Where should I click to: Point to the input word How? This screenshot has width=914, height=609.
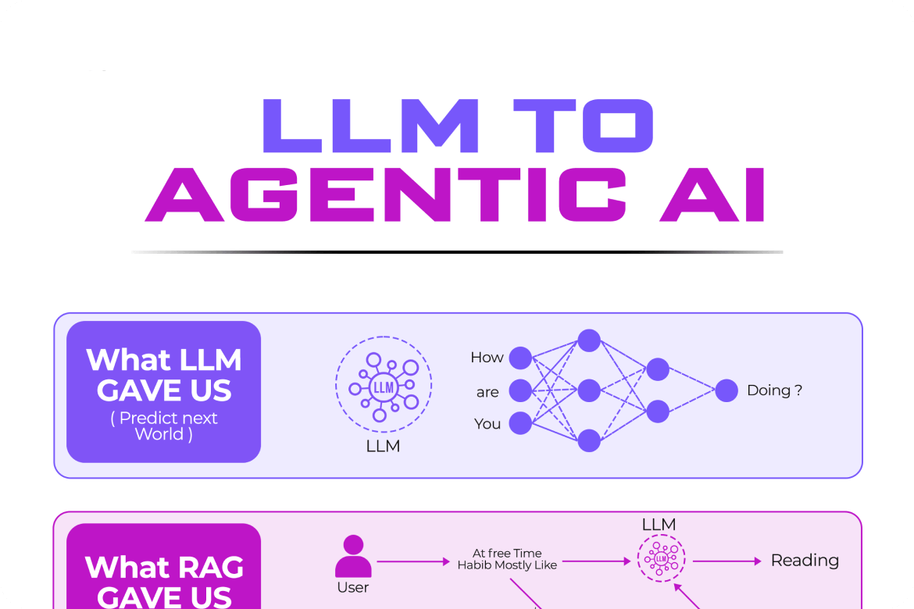487,358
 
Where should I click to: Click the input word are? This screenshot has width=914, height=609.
487,392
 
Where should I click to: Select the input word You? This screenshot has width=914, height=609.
487,424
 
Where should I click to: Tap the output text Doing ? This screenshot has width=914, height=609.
774,390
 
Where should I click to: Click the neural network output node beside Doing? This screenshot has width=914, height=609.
727,390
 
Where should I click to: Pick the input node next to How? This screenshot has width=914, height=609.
520,358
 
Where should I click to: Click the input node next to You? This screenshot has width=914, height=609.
520,423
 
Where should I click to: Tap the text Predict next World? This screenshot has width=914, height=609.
164,426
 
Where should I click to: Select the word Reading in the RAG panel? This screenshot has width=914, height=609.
805,561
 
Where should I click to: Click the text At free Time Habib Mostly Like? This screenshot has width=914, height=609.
507,559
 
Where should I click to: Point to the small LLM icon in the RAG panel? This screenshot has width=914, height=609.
661,559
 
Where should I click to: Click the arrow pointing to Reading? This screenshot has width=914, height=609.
727,561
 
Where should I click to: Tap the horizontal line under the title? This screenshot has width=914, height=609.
457,251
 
